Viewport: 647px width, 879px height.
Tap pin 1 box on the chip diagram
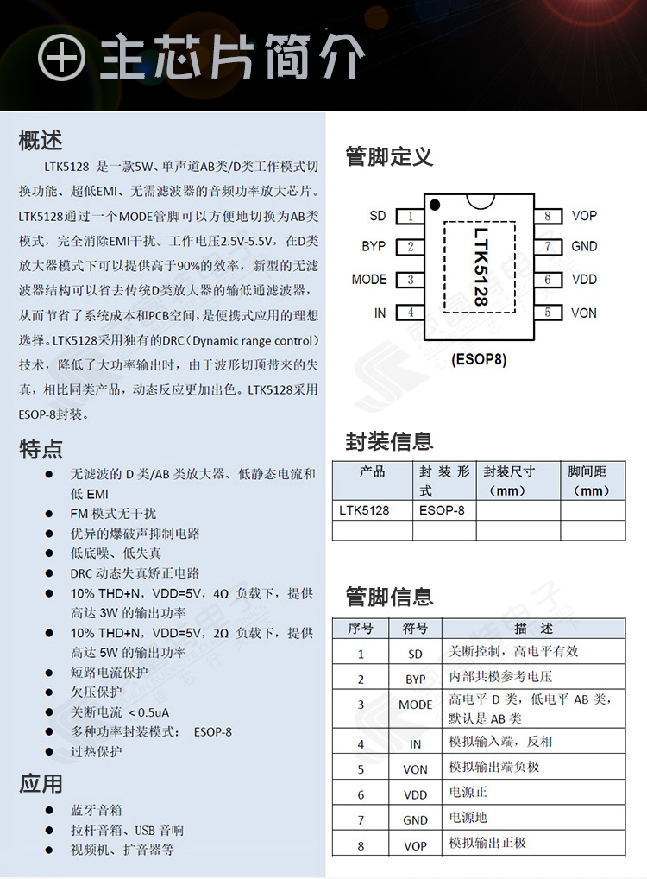(x=411, y=216)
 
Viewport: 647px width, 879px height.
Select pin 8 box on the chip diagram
(x=547, y=216)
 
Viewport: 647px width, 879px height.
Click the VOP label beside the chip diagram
(x=584, y=216)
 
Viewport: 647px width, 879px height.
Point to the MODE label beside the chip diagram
(x=369, y=280)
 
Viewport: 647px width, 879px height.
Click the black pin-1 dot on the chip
(x=436, y=204)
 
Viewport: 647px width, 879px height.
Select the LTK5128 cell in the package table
(x=364, y=510)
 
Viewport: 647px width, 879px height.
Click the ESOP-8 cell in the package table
(x=442, y=510)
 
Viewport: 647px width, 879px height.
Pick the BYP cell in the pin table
(x=415, y=680)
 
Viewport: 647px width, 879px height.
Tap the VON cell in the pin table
(x=415, y=769)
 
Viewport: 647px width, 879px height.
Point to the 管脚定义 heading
(x=389, y=156)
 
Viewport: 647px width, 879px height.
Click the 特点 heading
(x=41, y=448)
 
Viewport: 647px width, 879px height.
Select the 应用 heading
(x=41, y=783)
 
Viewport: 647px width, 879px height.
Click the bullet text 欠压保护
(x=97, y=692)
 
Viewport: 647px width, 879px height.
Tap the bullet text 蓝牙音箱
(x=97, y=810)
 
